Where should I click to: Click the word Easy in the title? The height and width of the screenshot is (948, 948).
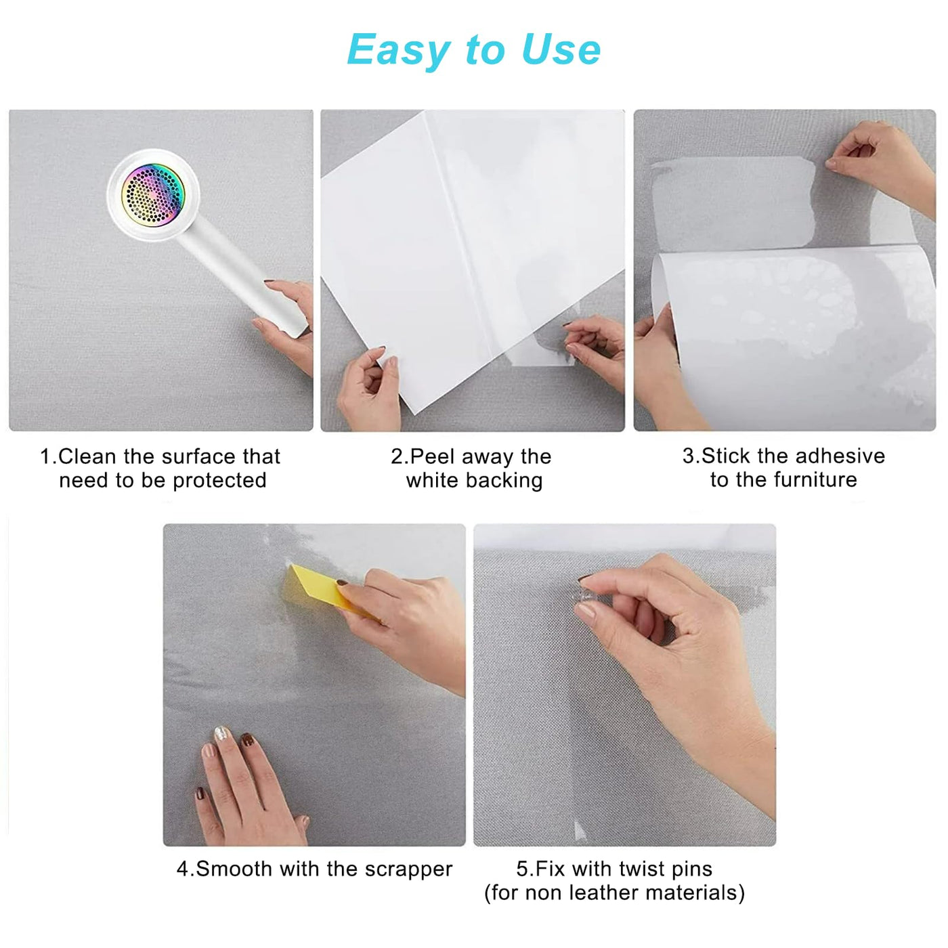pyautogui.click(x=398, y=51)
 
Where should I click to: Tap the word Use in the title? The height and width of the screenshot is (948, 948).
pyautogui.click(x=561, y=49)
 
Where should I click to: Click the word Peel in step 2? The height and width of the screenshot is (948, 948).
pyautogui.click(x=433, y=457)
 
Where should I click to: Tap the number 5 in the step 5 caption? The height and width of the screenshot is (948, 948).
pyautogui.click(x=522, y=869)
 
